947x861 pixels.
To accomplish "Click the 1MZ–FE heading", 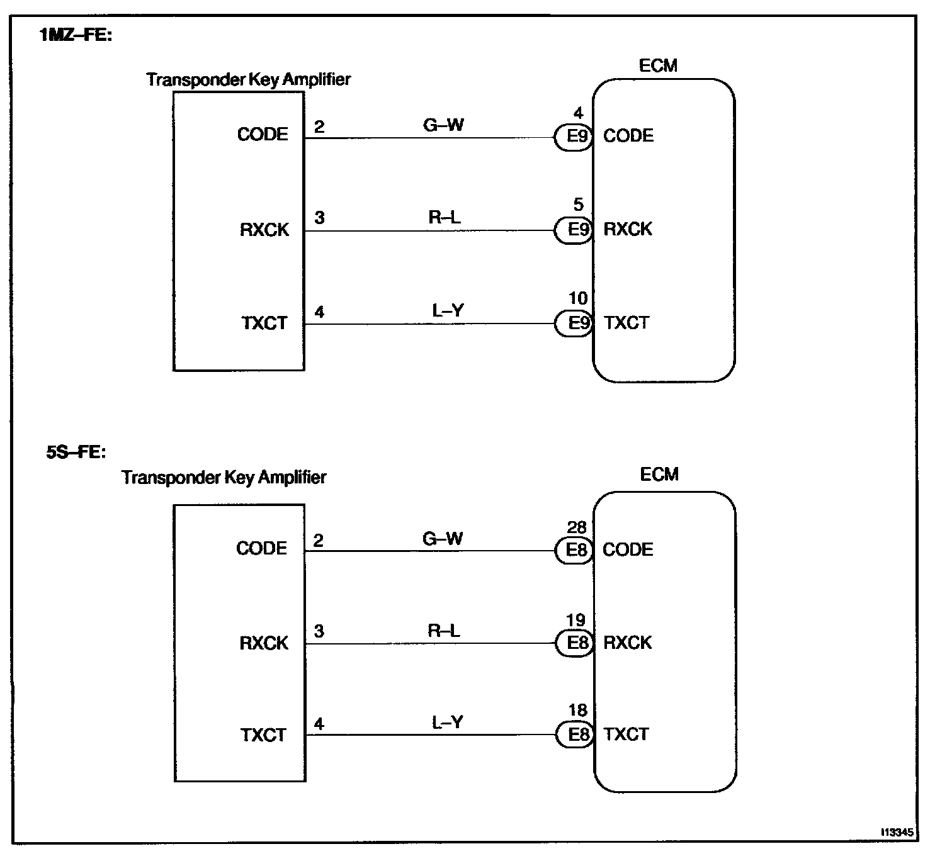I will [76, 35].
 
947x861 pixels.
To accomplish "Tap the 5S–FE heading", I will [76, 452].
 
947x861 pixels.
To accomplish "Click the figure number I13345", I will [897, 832].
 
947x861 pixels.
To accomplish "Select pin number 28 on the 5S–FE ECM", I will [577, 527].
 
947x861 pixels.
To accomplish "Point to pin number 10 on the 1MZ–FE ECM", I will [578, 298].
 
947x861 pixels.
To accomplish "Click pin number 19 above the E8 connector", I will [576, 621].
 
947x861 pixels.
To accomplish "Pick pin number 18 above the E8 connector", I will [577, 711].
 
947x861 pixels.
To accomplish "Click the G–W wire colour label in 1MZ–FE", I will [443, 125].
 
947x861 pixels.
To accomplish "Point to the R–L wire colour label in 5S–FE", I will [443, 631].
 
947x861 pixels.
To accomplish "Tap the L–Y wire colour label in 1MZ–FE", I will [448, 310].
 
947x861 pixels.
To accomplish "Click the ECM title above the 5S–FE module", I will [659, 474].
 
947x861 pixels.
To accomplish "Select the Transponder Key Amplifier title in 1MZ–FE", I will [248, 79].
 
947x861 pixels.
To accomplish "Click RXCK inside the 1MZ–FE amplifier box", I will [264, 230].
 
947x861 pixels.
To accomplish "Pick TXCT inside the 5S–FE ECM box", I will [627, 734].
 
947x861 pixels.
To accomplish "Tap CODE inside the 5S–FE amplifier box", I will [262, 548].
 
